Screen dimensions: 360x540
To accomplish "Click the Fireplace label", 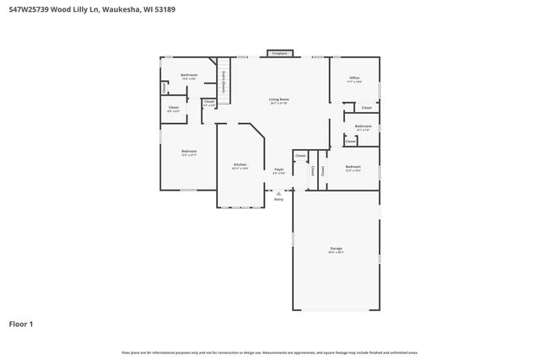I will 278,53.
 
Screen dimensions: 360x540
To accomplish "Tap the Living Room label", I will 278,99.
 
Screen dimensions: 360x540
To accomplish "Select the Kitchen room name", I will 240,164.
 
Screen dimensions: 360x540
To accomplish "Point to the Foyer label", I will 278,169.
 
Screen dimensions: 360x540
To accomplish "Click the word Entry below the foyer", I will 278,199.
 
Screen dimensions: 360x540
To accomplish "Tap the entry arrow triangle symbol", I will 278,192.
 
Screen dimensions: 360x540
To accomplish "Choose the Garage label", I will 336,248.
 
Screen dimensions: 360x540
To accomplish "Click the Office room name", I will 354,78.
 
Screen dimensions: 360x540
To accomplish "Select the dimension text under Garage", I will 336,253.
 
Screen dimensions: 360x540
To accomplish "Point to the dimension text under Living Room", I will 278,104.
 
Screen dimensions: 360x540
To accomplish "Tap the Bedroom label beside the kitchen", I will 188,151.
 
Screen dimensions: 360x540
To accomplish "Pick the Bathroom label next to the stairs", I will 189,75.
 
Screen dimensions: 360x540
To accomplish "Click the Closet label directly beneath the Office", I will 366,108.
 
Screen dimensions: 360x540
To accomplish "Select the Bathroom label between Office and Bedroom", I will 363,126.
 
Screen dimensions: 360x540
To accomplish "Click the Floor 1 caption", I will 21,324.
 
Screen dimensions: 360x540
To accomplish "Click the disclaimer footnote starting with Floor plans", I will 269,352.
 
